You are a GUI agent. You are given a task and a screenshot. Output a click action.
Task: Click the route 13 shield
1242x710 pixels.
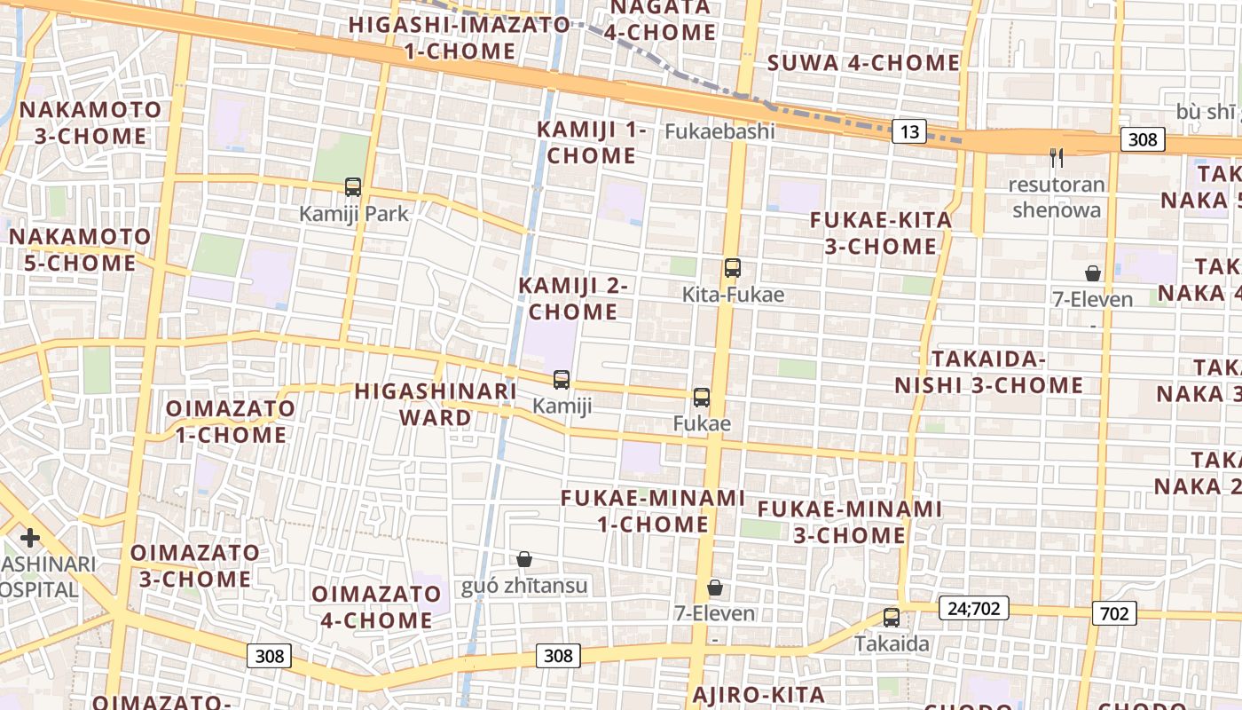click(909, 132)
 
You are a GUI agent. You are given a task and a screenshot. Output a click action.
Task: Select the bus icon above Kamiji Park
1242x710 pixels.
click(353, 187)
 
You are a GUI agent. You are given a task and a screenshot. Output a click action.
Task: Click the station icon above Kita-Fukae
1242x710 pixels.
click(732, 268)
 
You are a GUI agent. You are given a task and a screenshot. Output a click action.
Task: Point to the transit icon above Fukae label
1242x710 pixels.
click(702, 398)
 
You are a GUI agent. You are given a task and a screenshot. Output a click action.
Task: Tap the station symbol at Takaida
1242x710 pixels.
click(892, 618)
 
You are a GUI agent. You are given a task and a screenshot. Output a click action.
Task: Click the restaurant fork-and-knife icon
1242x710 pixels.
click(1056, 158)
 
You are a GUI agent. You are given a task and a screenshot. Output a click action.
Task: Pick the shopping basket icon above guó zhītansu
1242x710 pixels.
click(524, 559)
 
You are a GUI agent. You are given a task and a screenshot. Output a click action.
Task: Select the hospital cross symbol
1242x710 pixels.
click(30, 538)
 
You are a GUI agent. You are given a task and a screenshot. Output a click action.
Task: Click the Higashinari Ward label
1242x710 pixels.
click(436, 404)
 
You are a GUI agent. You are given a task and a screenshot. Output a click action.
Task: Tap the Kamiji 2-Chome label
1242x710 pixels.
click(573, 298)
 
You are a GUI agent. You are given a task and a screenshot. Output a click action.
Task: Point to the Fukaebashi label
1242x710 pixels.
click(719, 131)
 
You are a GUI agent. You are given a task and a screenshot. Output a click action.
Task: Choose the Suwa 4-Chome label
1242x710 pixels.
click(863, 63)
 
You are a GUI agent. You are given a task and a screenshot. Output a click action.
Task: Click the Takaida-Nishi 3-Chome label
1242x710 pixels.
click(988, 372)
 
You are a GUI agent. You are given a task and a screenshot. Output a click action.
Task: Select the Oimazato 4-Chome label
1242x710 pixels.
click(376, 607)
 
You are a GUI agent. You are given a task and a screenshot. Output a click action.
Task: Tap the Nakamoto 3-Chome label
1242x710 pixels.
click(90, 123)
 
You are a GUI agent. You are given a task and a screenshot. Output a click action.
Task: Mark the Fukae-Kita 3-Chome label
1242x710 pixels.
click(881, 233)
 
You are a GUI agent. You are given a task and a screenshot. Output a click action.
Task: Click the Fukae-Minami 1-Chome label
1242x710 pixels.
click(652, 511)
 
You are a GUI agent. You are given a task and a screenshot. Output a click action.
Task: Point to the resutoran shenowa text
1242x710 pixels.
click(1057, 197)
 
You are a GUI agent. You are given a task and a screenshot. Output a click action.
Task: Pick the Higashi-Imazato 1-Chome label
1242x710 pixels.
click(459, 37)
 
